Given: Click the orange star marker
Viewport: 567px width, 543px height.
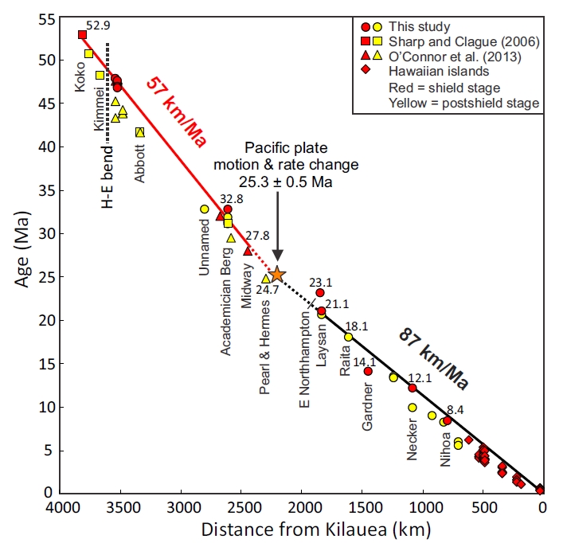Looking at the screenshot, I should [277, 275].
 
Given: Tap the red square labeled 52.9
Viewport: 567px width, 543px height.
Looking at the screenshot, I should [82, 34].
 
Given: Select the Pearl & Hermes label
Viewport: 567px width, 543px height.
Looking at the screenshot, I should [266, 340].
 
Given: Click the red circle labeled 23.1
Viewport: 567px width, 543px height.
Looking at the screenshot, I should [320, 293].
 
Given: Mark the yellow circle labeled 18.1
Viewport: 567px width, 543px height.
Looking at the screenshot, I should [348, 337].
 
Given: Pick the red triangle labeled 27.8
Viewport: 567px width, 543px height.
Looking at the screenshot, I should [248, 251].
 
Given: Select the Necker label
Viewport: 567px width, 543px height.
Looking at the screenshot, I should [413, 439].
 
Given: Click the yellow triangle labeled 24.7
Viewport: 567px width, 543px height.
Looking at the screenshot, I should [266, 279].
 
